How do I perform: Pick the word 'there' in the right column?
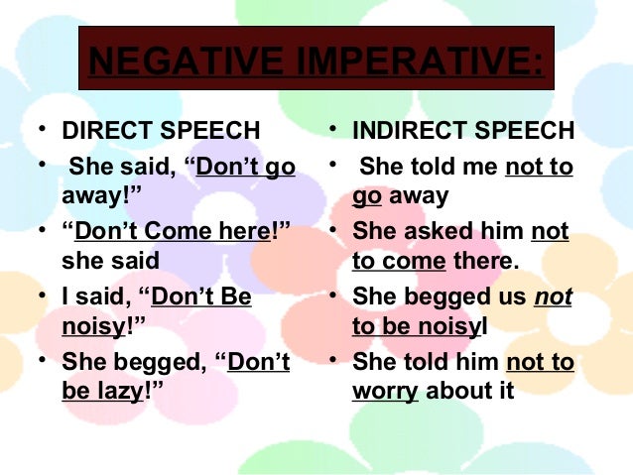click(481, 263)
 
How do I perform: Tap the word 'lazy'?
click(116, 391)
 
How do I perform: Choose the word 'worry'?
click(384, 391)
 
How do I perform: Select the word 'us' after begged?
click(512, 297)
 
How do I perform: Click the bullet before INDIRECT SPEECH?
click(336, 131)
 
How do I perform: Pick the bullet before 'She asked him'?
click(336, 232)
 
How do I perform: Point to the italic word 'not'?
click(554, 297)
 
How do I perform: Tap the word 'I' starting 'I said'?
click(65, 297)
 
